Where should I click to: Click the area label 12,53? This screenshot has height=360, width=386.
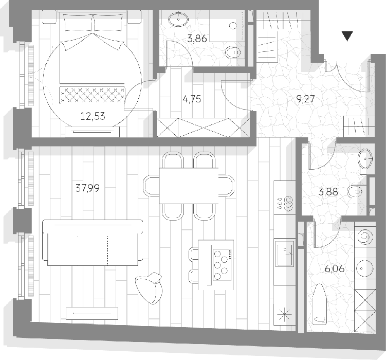[93, 116]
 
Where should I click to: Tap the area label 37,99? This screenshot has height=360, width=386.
[88, 188]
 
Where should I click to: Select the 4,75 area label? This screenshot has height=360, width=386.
[192, 99]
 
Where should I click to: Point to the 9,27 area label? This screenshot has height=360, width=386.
[305, 99]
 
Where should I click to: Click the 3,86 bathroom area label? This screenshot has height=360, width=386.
[197, 39]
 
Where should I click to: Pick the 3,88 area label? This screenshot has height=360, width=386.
[328, 192]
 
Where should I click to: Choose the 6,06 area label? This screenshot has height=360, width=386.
[335, 268]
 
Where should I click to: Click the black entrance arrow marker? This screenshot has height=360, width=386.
[347, 36]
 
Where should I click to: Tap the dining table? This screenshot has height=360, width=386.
[189, 186]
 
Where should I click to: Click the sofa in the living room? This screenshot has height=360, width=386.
[93, 243]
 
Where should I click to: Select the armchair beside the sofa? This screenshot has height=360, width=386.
[149, 288]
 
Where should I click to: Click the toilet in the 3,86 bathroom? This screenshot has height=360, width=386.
[234, 52]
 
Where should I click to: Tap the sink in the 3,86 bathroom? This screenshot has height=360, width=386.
[178, 19]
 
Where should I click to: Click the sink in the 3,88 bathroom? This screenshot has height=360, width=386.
[366, 159]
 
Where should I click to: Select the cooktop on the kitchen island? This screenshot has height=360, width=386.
[222, 265]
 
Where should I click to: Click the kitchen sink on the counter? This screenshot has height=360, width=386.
[285, 254]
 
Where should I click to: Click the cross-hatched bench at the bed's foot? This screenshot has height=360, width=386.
[92, 95]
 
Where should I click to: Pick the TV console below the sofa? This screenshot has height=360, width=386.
[92, 313]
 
